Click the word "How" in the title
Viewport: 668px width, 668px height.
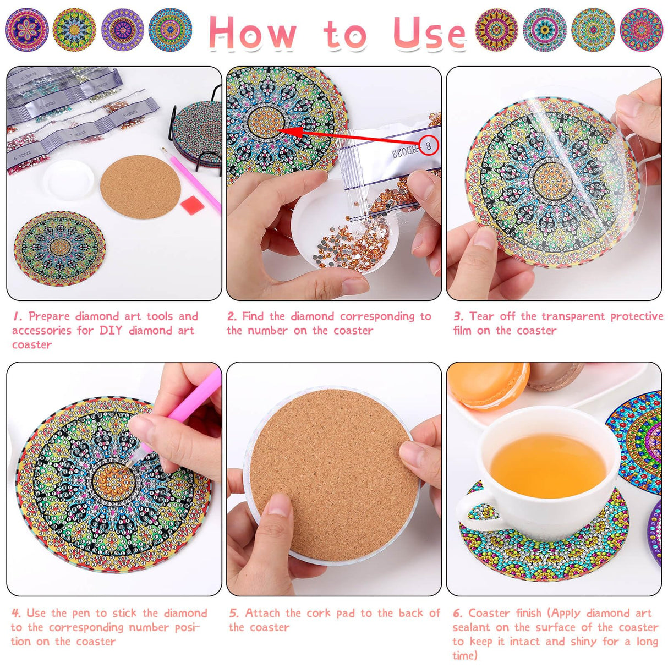point(253,33)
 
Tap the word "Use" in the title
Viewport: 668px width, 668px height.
point(429,33)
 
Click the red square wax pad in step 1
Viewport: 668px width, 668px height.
point(191,206)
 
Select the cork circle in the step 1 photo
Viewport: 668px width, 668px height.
point(140,187)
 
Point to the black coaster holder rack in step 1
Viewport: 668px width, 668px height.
point(195,135)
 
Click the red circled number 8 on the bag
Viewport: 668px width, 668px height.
point(429,146)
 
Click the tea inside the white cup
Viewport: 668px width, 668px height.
point(547,465)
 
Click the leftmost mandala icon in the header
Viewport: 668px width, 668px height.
point(26,29)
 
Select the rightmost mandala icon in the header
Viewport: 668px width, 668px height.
point(641,29)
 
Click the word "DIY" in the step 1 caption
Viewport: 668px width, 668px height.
point(111,330)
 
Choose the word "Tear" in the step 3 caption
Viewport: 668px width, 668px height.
point(482,316)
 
